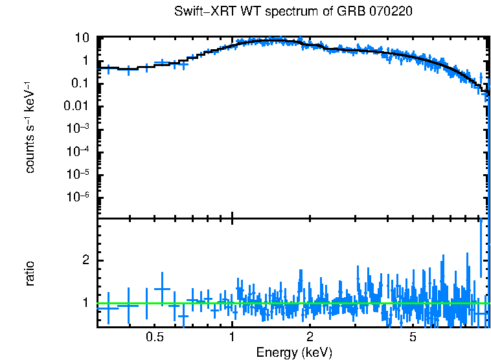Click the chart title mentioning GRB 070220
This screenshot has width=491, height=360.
coord(293,12)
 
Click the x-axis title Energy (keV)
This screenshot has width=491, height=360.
coord(293,352)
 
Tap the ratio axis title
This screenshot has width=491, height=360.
coord(30,273)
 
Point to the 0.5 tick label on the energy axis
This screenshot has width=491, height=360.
coord(154,337)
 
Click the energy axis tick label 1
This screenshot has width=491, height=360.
coord(232,337)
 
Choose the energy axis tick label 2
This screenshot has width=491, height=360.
coord(310,337)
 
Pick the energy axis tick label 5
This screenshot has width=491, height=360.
coord(413,337)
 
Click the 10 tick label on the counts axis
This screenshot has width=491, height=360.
coord(81,38)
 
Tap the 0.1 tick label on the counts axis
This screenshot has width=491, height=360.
coord(78,84)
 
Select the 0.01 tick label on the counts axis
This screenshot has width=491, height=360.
coord(75,106)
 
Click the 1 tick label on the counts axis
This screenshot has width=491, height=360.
coord(84,61)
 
